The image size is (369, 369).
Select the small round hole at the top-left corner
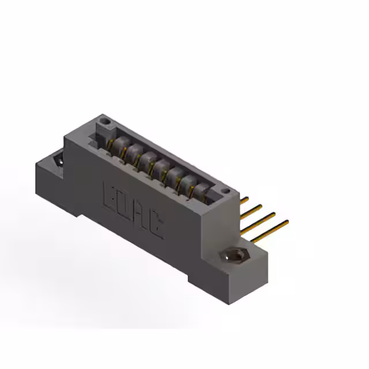[104, 122]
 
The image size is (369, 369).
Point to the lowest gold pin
[277, 224]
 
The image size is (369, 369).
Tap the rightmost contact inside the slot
[202, 191]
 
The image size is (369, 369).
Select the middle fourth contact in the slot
[162, 167]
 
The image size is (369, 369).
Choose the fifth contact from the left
[175, 175]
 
